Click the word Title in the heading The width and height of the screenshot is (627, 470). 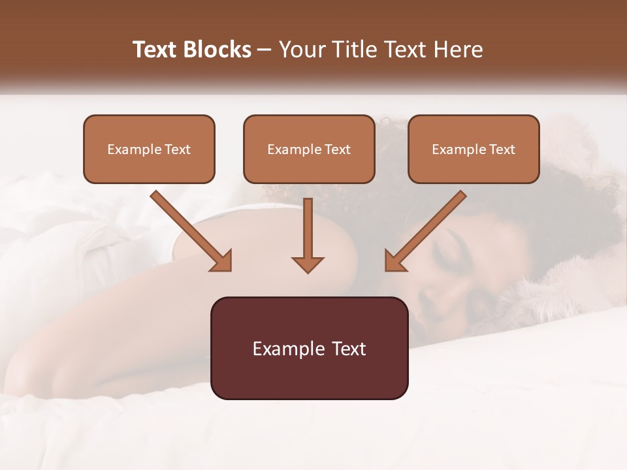coord(347,50)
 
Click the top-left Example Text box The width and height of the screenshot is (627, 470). coord(149,149)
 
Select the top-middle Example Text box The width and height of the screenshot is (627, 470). coord(309,149)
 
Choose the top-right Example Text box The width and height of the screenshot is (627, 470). coord(474,149)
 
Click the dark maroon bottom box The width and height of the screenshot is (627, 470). coord(309,348)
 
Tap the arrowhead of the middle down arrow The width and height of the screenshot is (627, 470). coord(308,264)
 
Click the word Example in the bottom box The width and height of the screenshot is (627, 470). coord(284,349)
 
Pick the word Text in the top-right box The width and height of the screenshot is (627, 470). coord(502,149)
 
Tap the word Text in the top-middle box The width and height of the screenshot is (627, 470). coord(337,149)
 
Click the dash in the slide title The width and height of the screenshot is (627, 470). coord(265,50)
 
